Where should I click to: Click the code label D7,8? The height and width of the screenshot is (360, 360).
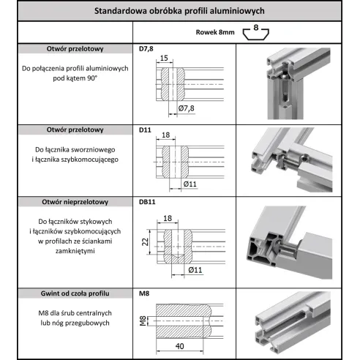click(x=146, y=49)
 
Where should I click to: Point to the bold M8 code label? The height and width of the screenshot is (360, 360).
click(x=144, y=293)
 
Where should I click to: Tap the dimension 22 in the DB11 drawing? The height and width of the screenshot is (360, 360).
click(x=145, y=242)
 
